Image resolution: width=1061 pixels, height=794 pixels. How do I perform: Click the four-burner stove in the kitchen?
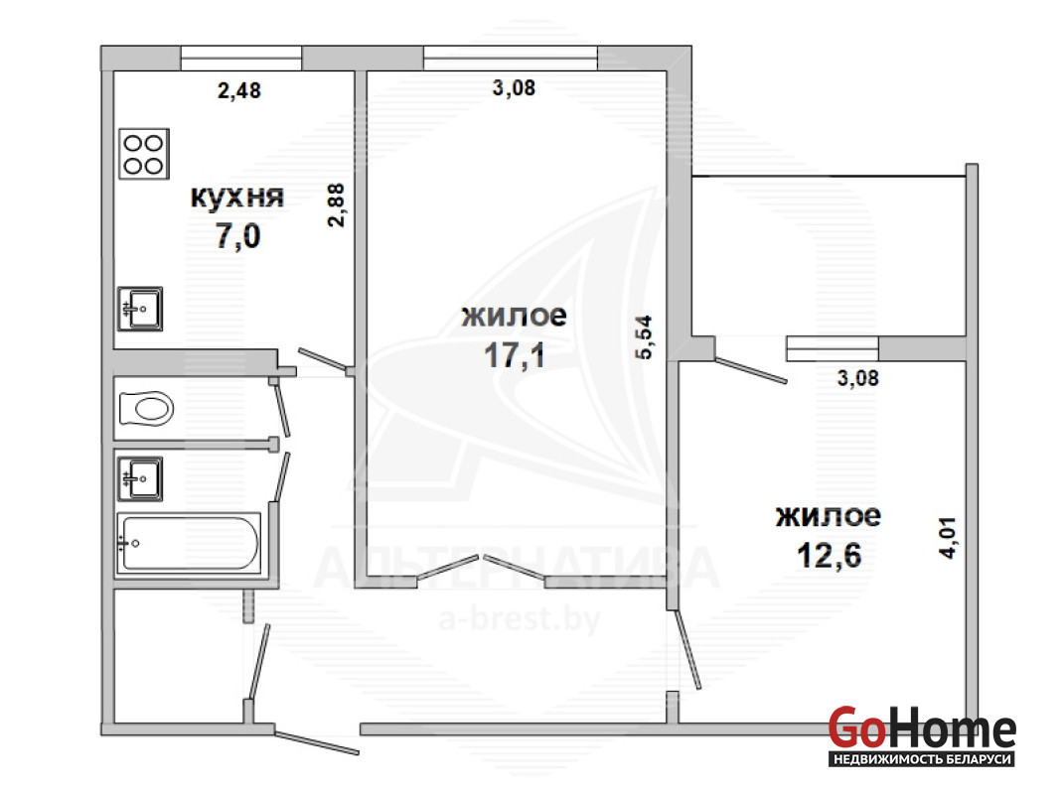tap(144, 154)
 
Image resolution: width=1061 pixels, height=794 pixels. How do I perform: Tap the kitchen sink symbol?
tap(140, 309)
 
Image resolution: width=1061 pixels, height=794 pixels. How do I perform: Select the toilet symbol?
tap(146, 408)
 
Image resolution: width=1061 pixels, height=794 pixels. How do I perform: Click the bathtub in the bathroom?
tap(189, 543)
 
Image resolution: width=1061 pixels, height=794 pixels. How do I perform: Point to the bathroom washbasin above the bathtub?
tap(140, 479)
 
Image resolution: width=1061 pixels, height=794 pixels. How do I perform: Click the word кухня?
tap(236, 197)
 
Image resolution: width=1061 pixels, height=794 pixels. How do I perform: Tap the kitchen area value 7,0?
tap(237, 236)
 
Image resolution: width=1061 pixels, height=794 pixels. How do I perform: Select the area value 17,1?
tap(515, 355)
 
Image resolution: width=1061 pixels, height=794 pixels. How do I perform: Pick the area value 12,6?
tap(829, 556)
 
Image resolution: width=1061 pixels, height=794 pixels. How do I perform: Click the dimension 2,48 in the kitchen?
tap(238, 90)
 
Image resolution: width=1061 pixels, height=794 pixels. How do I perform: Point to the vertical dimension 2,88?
tap(337, 205)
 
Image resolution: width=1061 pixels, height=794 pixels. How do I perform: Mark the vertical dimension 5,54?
tap(644, 337)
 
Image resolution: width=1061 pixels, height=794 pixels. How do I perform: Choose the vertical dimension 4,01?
tap(948, 537)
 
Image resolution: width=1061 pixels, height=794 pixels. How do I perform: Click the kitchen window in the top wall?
tap(240, 59)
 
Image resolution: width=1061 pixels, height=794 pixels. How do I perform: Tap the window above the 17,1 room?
tap(511, 59)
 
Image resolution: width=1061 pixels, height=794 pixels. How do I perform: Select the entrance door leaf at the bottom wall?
tap(317, 742)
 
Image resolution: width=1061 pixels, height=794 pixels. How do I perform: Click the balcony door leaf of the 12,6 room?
tap(751, 369)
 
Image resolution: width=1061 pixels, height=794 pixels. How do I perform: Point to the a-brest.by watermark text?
tap(519, 619)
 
